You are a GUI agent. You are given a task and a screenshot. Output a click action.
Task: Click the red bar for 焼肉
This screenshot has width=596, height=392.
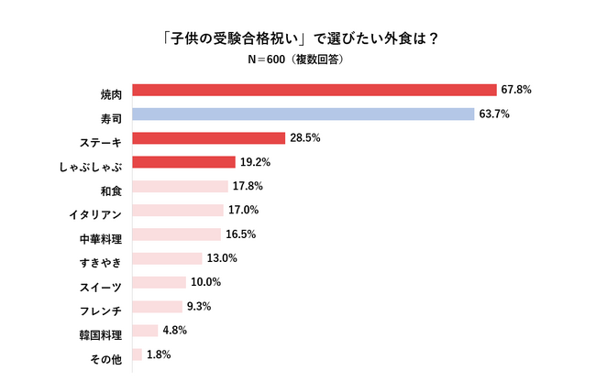click(x=314, y=91)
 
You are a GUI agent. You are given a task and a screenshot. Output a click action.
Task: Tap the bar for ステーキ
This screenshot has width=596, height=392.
click(x=208, y=138)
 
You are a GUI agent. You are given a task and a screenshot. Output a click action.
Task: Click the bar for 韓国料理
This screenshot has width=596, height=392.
click(x=145, y=330)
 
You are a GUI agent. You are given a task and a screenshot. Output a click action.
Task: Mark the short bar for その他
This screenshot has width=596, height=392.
click(x=137, y=354)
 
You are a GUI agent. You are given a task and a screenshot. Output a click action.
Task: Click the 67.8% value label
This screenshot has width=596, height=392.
click(x=516, y=91)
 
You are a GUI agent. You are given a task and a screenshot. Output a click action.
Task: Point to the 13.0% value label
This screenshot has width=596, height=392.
click(x=222, y=258)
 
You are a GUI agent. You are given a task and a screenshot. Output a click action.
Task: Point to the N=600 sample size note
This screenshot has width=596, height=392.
click(x=297, y=59)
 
